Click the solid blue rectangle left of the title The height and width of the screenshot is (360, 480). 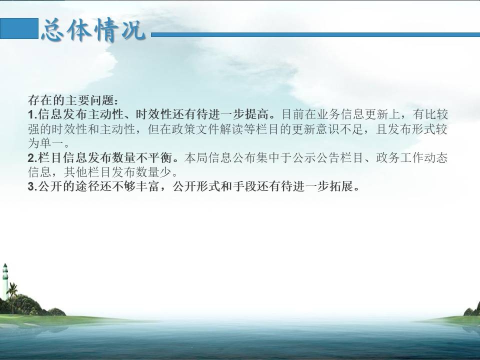[x=19, y=28]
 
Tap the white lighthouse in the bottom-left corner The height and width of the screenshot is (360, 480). [x=5, y=280]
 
